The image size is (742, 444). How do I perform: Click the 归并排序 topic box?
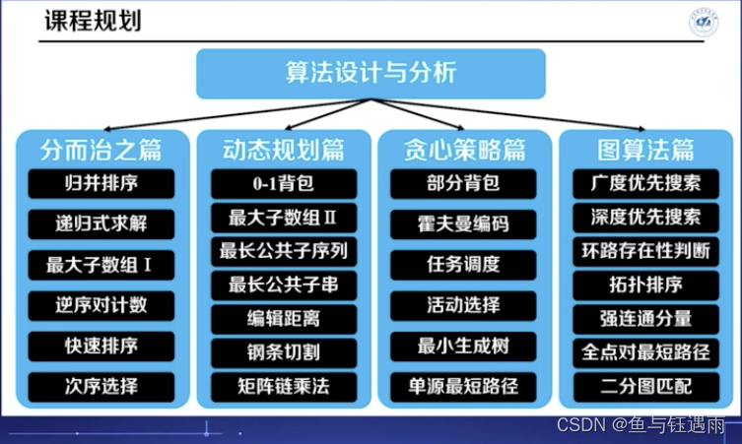click(101, 184)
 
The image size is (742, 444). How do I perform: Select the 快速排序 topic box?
click(101, 346)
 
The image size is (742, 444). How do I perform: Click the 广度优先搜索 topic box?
click(645, 183)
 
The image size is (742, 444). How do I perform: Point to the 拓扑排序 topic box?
click(645, 285)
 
